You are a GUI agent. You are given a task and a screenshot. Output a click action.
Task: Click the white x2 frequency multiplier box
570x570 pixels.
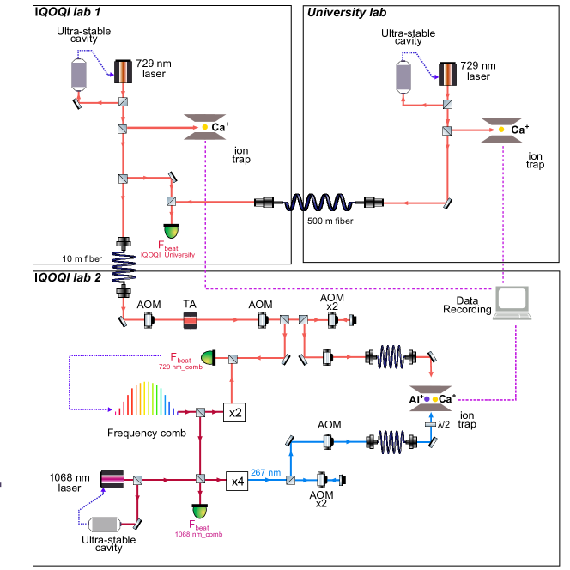click(x=234, y=413)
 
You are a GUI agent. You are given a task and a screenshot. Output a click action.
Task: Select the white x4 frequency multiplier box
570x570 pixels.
click(x=237, y=481)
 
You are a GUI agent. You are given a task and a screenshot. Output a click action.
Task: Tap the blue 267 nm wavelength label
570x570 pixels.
click(x=265, y=472)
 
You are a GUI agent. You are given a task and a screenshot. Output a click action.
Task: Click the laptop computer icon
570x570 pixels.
click(x=512, y=302)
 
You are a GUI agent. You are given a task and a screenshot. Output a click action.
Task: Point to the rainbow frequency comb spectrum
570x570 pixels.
click(x=145, y=399)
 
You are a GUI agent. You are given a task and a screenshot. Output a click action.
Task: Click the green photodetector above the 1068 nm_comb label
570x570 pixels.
click(x=200, y=512)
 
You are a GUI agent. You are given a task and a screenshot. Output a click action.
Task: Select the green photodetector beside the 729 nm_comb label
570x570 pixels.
click(x=207, y=356)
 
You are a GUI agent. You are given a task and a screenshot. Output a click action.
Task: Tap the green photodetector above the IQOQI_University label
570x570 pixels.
click(x=172, y=232)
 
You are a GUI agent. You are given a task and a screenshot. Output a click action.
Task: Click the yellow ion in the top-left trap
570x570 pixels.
click(x=204, y=128)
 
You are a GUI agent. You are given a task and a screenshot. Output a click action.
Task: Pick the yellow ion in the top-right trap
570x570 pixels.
click(x=501, y=130)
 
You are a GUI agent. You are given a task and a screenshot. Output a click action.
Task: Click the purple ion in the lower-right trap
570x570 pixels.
click(x=427, y=398)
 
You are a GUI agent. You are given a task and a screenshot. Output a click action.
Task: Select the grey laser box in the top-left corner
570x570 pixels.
click(x=79, y=75)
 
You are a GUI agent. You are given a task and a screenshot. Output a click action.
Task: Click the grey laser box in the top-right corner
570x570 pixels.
click(x=403, y=77)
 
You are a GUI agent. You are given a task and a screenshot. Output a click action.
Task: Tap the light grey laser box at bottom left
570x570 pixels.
click(x=104, y=525)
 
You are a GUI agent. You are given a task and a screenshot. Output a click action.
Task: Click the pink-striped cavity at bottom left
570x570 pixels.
click(x=112, y=479)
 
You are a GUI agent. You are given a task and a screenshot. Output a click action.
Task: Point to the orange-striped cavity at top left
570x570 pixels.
click(x=124, y=72)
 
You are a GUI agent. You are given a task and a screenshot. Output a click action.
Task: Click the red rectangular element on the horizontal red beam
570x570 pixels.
click(x=190, y=320)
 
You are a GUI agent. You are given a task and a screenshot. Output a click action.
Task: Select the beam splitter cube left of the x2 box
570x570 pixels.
click(x=200, y=413)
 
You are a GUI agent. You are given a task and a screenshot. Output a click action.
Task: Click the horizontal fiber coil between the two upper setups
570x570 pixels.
click(x=318, y=203)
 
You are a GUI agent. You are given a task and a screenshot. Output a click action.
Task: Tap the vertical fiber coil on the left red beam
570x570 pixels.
click(x=124, y=266)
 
